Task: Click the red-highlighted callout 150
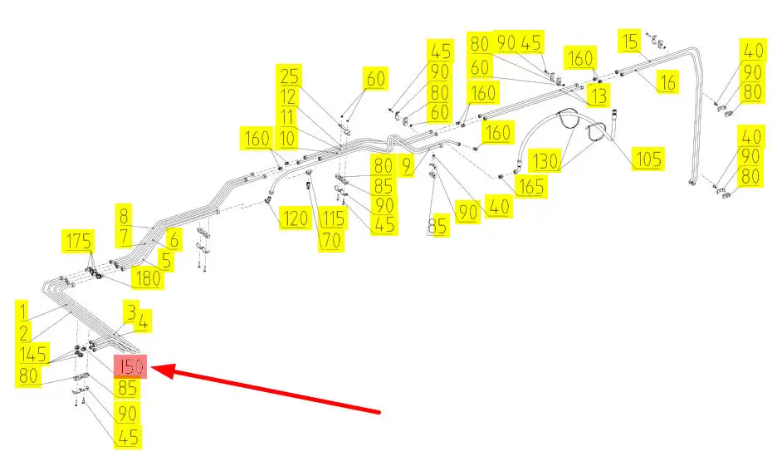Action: (130, 366)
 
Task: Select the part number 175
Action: (80, 243)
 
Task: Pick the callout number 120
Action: (293, 219)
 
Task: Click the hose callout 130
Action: (545, 159)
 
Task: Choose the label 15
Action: (631, 40)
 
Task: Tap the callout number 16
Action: (667, 81)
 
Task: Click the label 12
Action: (288, 97)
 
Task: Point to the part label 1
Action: (24, 311)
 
